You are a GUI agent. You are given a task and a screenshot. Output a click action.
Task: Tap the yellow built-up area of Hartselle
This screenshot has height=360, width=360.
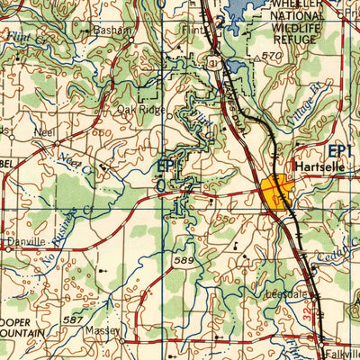pos(275,192)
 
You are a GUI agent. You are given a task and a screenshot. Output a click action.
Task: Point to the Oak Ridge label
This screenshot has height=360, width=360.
pos(140,111)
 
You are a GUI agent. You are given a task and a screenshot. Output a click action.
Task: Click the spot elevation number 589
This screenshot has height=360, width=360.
pos(185,261)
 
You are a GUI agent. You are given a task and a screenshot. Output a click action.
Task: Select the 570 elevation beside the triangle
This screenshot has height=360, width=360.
pos(273,57)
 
